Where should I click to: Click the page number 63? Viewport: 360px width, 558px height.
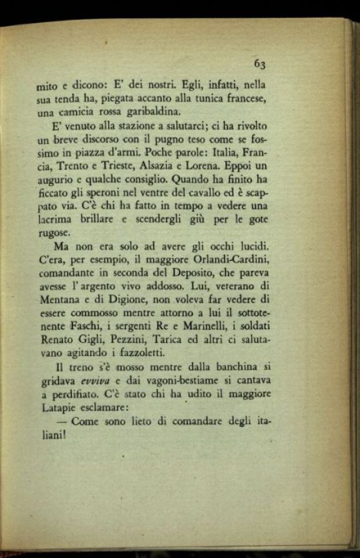tap(260, 63)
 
